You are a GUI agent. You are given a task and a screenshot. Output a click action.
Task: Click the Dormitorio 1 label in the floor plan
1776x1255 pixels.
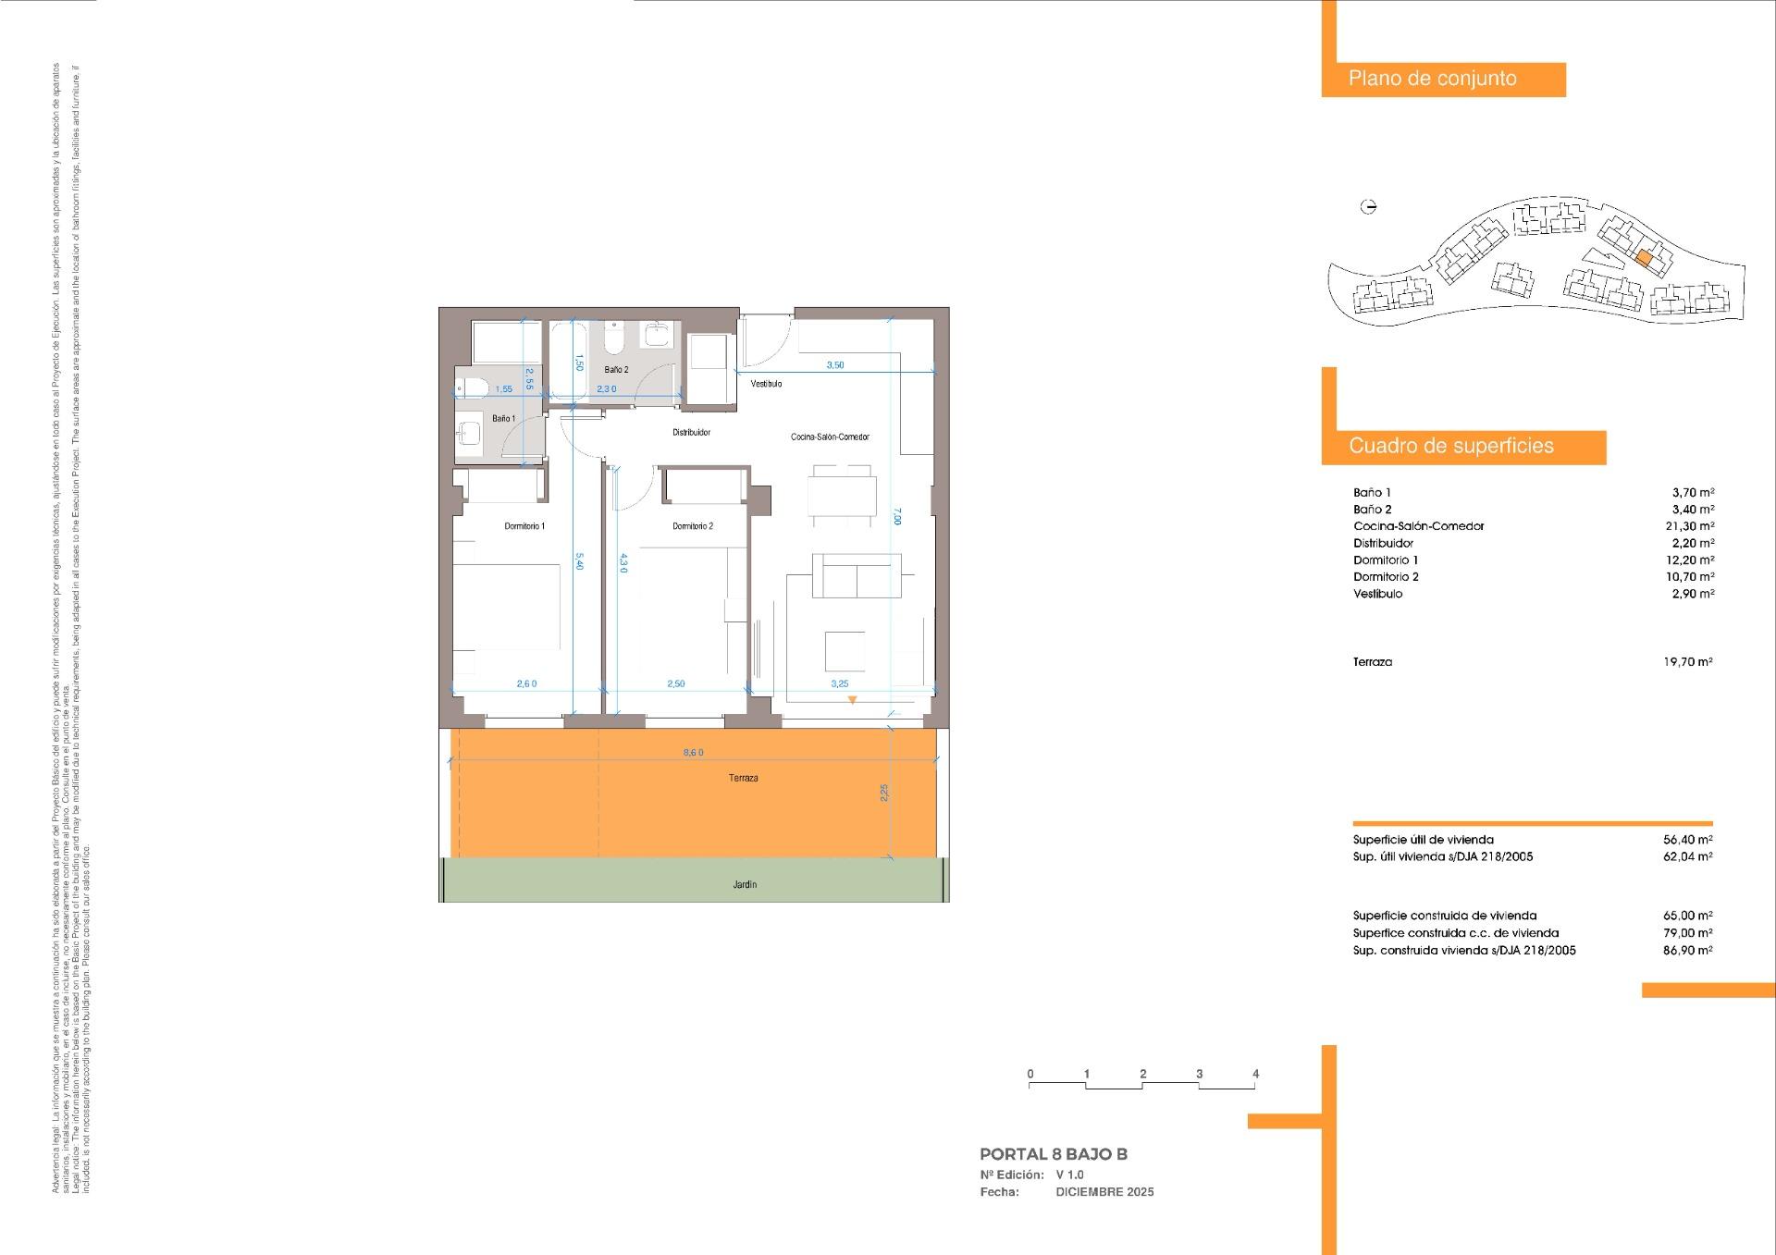(524, 526)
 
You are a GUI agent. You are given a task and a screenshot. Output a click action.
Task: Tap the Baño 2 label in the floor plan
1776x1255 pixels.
(616, 370)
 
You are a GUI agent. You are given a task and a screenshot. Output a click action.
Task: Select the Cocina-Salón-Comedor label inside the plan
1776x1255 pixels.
(830, 437)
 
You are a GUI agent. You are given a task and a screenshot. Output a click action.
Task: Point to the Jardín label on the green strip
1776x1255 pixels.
(745, 885)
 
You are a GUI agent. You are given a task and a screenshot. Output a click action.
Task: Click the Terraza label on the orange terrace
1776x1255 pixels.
(743, 779)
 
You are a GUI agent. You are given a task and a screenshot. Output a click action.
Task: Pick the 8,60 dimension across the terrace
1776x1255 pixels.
(693, 753)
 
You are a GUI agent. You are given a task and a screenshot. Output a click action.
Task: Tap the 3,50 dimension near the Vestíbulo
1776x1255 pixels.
(834, 365)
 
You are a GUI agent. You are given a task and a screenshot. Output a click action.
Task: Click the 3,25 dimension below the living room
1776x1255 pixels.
(839, 684)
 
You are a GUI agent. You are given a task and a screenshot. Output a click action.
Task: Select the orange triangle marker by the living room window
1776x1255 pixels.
(852, 701)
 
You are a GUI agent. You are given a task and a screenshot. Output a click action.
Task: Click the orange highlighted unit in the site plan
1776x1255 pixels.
(1643, 260)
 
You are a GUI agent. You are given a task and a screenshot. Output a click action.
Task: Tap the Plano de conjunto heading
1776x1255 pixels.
(1432, 79)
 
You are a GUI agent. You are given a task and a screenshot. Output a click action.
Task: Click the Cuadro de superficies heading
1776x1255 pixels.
(1450, 446)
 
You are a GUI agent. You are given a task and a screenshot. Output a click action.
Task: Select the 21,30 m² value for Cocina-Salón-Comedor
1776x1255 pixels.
(1688, 526)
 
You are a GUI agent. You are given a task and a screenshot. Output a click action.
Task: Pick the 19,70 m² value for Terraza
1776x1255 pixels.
(1688, 662)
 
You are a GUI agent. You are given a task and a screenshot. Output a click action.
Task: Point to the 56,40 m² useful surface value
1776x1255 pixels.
(1688, 840)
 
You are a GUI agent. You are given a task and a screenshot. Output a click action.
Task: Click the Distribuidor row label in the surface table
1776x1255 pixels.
(1383, 544)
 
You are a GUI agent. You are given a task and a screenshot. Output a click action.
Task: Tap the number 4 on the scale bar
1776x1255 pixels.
(1255, 1075)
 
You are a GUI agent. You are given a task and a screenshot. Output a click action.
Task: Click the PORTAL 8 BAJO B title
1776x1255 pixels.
(1054, 1154)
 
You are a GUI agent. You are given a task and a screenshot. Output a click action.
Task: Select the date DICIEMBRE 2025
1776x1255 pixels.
(1104, 1192)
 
